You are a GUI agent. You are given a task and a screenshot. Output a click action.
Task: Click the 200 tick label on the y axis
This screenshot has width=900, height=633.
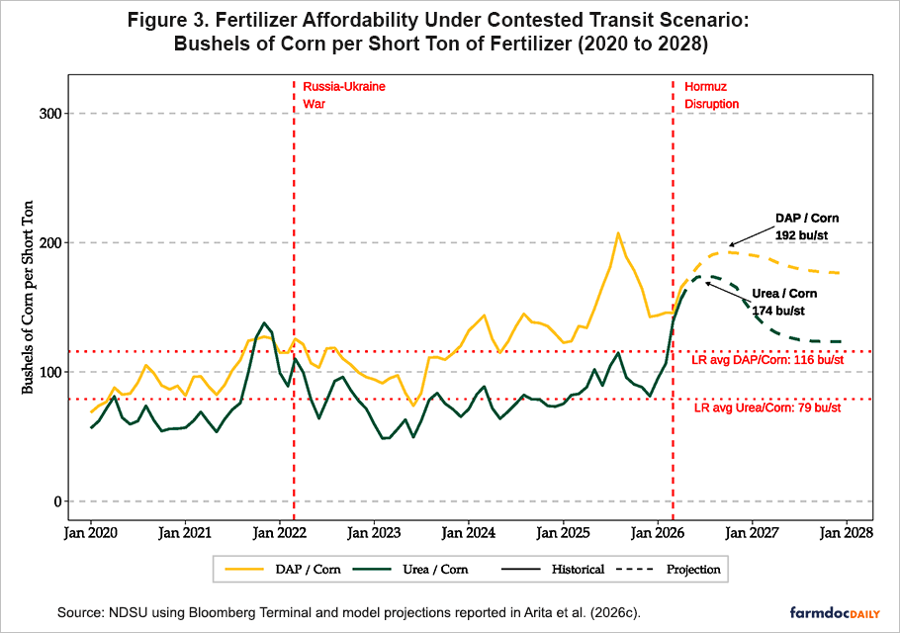click(49, 243)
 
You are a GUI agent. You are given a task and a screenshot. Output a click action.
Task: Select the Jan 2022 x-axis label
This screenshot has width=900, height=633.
click(280, 533)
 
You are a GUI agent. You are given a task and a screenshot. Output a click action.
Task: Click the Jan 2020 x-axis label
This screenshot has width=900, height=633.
click(91, 533)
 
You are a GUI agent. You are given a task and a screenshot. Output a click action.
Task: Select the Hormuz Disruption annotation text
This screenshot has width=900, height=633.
click(711, 95)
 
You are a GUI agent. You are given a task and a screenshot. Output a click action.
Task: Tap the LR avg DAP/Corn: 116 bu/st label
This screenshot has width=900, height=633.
click(767, 360)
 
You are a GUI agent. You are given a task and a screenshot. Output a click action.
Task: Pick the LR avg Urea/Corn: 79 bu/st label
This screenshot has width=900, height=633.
click(768, 407)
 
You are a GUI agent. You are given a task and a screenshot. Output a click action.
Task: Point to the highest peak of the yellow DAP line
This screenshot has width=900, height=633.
click(618, 233)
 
